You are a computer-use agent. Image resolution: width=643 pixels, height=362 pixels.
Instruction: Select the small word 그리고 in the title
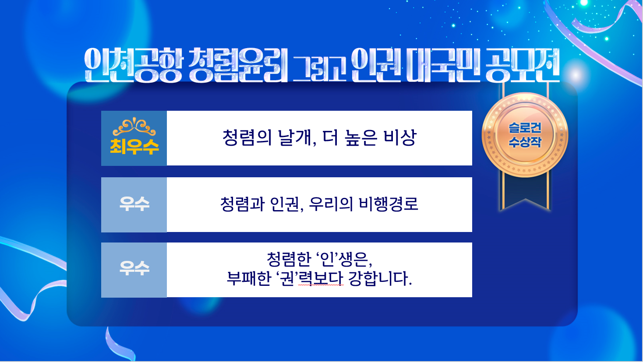click(318, 68)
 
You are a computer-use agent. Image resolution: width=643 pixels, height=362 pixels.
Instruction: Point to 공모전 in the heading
click(522, 65)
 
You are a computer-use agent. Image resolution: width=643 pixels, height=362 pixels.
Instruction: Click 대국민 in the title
click(444, 65)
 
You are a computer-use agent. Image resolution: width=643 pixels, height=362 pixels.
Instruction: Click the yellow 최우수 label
click(134, 147)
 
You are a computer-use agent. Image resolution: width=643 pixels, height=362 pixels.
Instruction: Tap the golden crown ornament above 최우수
click(134, 127)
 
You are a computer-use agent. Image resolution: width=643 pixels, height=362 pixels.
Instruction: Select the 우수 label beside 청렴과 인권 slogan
click(134, 204)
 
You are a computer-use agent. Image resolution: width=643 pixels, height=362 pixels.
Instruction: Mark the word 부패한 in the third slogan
click(249, 278)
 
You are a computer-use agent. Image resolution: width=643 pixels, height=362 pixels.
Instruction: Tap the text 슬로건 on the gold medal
click(525, 128)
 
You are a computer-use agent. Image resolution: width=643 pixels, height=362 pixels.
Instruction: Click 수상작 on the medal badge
click(525, 142)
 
